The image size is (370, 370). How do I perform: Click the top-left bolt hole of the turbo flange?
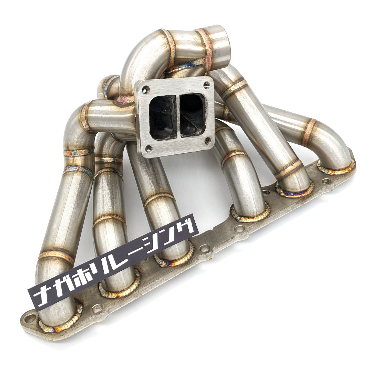pos(146,89)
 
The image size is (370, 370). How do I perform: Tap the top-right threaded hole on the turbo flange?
pos(207,84)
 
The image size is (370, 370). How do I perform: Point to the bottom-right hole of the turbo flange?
pos(208,140)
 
